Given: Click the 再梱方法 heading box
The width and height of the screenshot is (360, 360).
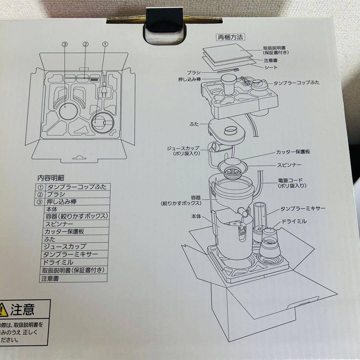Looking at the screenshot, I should point(231,37).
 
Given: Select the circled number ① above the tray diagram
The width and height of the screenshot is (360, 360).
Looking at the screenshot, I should point(105,44).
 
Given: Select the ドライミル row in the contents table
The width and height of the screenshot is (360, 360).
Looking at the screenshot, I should point(58,262).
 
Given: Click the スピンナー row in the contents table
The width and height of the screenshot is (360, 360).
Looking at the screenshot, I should point(60,224).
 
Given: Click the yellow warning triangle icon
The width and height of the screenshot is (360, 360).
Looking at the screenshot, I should point(3,310).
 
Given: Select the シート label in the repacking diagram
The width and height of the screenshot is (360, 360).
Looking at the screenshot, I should point(270,67).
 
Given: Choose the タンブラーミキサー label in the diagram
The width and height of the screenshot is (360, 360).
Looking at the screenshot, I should point(303,209).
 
